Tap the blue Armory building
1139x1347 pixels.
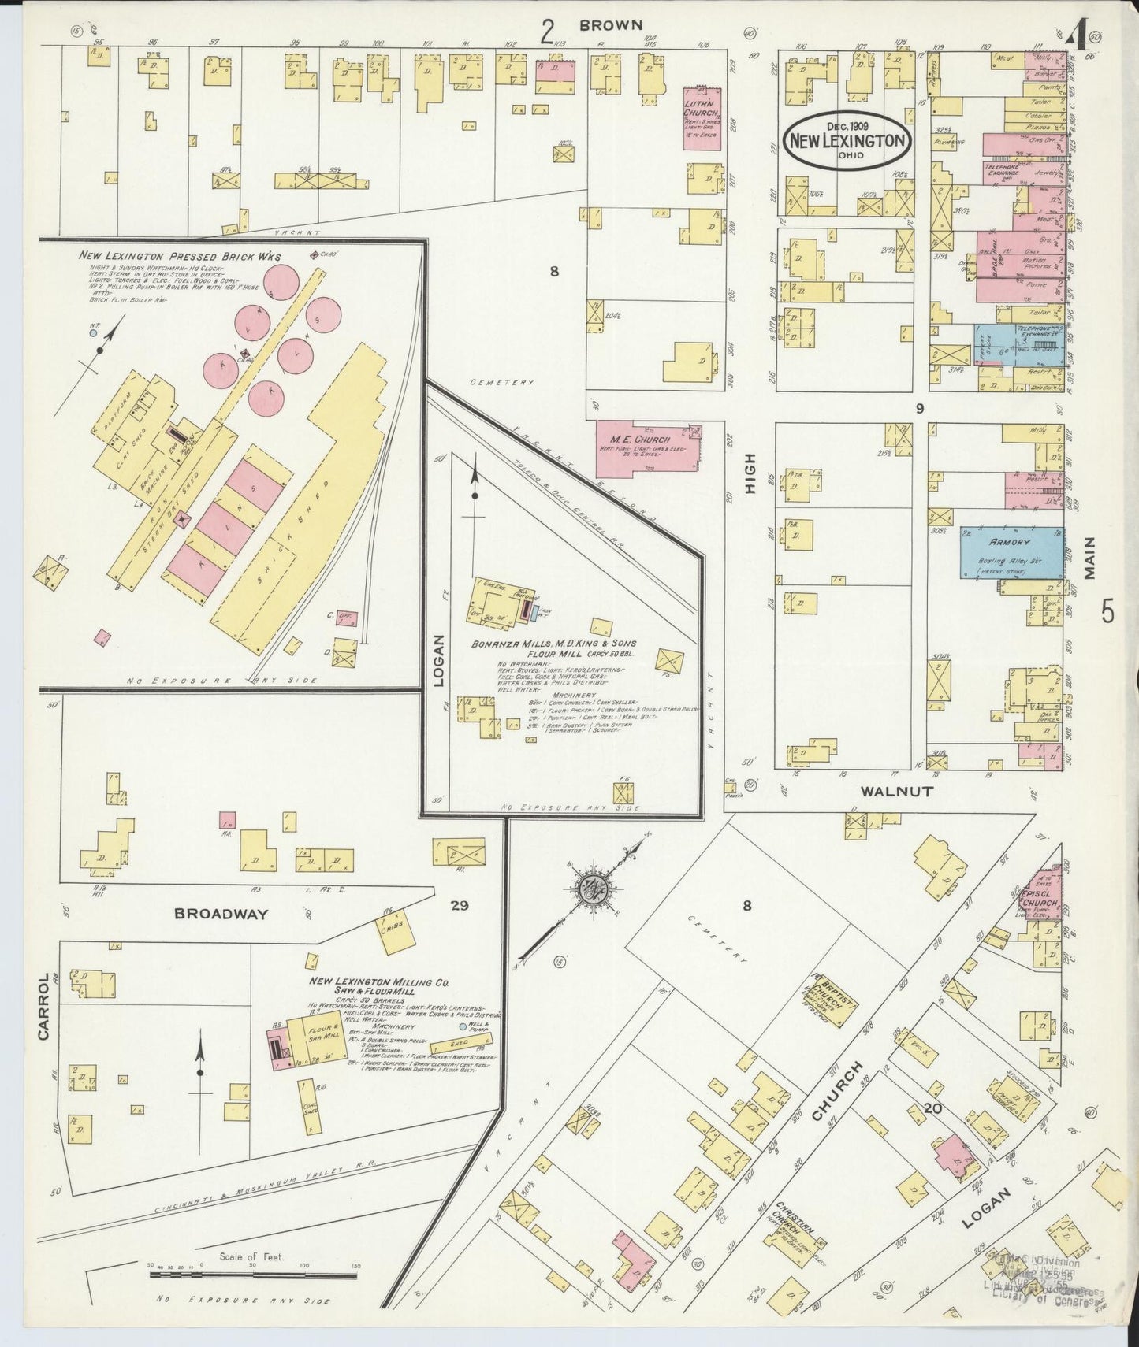pyautogui.click(x=1011, y=552)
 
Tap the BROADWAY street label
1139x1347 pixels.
pyautogui.click(x=221, y=915)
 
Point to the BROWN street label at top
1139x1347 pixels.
pyautogui.click(x=611, y=25)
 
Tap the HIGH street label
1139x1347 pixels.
pyautogui.click(x=750, y=473)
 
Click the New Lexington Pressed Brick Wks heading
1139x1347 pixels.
pyautogui.click(x=179, y=256)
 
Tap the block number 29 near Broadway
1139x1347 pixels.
pyautogui.click(x=460, y=906)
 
